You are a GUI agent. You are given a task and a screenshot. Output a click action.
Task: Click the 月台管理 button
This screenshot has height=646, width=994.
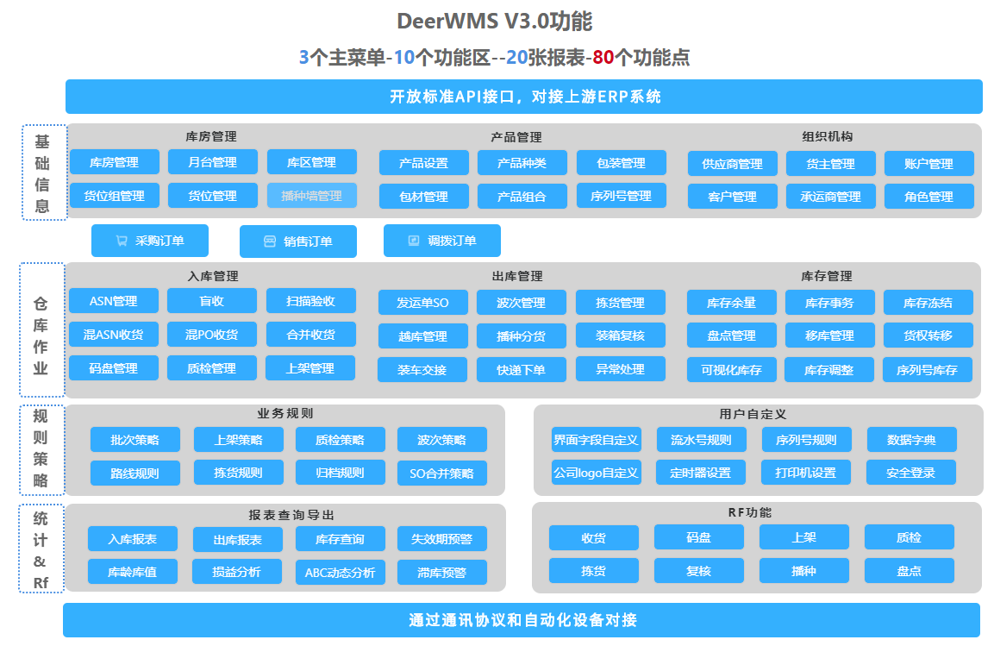(212, 162)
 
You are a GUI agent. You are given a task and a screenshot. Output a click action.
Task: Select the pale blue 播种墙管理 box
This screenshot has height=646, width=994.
(311, 196)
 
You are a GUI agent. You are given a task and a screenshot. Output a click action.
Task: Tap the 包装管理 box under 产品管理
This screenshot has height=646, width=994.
(621, 163)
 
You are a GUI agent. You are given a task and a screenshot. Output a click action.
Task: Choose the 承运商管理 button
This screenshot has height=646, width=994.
(830, 197)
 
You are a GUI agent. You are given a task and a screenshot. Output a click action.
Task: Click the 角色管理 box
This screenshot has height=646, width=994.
(928, 197)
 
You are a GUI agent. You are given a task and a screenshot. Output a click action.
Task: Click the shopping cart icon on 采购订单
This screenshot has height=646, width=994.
(122, 241)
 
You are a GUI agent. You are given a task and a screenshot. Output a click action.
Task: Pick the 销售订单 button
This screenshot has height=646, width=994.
(297, 241)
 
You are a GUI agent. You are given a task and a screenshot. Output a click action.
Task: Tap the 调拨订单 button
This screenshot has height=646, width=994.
(441, 241)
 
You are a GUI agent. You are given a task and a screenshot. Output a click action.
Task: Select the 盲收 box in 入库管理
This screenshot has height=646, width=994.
(211, 301)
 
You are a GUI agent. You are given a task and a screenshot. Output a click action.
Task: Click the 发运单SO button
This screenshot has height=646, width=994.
(422, 303)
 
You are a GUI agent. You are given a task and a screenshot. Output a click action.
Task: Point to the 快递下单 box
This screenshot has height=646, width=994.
(521, 370)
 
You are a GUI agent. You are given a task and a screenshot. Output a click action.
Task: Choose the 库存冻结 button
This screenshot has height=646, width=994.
(928, 303)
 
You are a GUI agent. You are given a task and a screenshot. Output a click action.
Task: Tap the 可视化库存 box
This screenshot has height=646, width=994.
(731, 370)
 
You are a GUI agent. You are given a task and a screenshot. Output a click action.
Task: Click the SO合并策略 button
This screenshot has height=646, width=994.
(441, 474)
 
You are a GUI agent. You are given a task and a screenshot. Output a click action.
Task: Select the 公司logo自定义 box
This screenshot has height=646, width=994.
(596, 473)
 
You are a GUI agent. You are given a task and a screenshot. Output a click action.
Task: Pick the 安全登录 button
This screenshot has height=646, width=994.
(911, 473)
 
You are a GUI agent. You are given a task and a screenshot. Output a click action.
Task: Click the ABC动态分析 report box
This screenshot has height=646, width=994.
(340, 572)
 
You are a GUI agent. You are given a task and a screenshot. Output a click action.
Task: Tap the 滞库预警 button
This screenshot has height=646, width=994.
(441, 572)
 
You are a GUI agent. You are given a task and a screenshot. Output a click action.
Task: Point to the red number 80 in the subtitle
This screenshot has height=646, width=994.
(603, 58)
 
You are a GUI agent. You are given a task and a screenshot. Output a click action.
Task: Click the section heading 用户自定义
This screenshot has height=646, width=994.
(753, 415)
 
